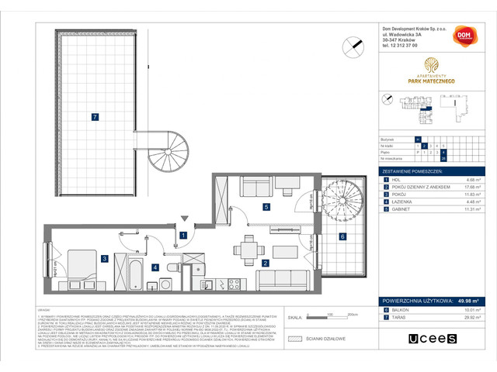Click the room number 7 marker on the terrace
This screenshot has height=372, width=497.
[x=94, y=117]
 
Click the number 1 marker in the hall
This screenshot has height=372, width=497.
[x=183, y=235]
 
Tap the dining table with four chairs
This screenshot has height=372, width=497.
[x=249, y=249]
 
